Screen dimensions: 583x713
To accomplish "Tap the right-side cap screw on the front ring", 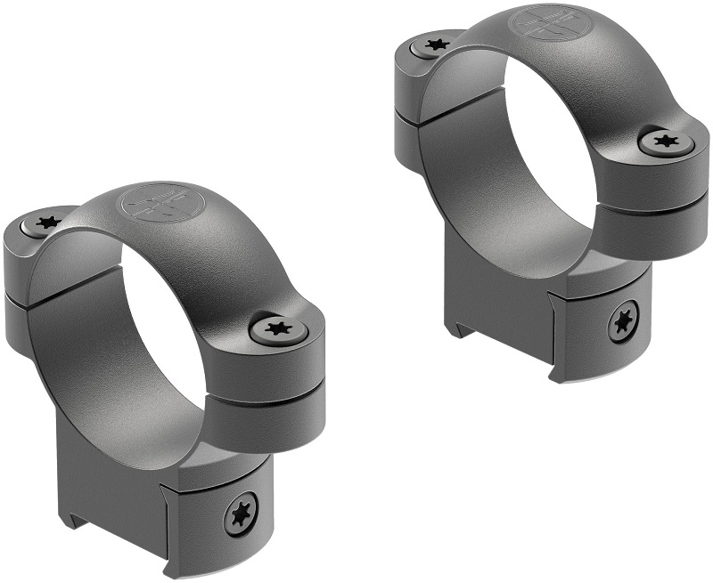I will (x=278, y=330).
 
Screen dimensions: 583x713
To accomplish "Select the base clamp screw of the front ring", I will (x=241, y=514).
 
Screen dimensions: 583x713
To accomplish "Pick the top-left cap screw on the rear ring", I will (x=435, y=44).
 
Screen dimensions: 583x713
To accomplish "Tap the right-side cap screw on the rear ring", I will (x=667, y=141).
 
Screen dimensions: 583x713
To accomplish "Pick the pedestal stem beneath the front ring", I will (x=116, y=463).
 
